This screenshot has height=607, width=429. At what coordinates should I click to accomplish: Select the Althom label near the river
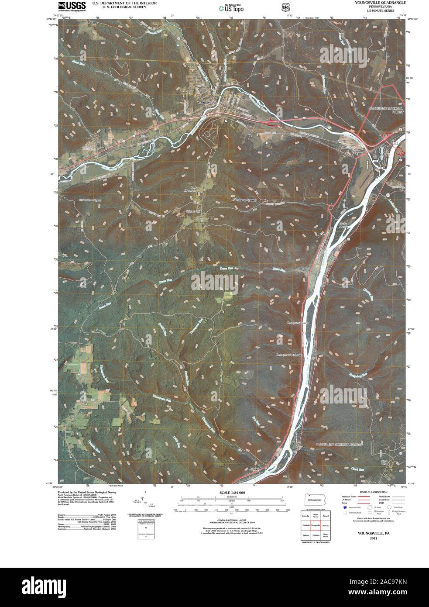pyautogui.click(x=254, y=469)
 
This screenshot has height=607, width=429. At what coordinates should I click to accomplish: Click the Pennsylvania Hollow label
pyautogui.click(x=289, y=355)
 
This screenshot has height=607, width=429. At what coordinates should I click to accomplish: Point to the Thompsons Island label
pyautogui.click(x=286, y=324)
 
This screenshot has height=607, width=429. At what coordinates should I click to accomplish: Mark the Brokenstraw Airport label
pyautogui.click(x=89, y=200)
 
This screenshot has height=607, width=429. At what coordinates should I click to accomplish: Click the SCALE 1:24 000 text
pyautogui.click(x=231, y=493)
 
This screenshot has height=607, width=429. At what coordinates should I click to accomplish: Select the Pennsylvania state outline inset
pyautogui.click(x=316, y=500)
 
